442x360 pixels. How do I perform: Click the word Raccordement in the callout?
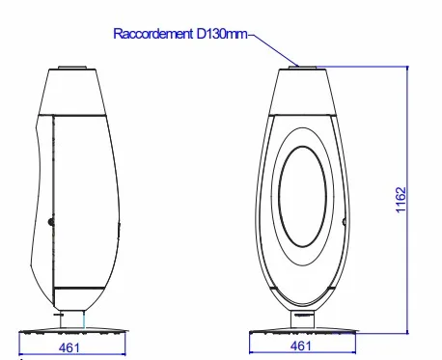tap(152, 34)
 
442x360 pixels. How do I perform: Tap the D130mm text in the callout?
tap(222, 34)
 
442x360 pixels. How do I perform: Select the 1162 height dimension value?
tap(401, 200)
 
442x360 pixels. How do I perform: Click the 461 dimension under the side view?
tap(69, 347)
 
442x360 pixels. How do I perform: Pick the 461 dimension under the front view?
tap(301, 346)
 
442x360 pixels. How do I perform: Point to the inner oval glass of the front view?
tap(302, 197)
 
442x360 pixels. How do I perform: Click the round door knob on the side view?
tap(51, 221)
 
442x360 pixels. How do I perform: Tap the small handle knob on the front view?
tap(344, 221)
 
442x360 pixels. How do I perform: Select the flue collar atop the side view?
tap(72, 68)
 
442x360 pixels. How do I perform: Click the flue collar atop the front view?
tap(302, 68)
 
